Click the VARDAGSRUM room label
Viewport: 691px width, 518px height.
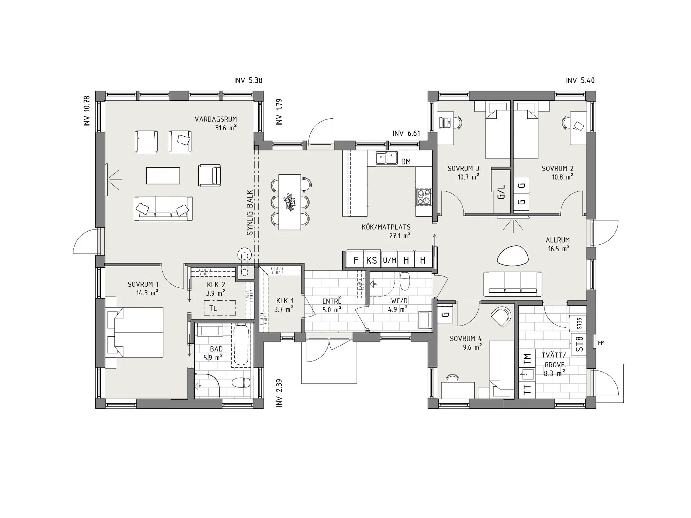[x=216, y=119]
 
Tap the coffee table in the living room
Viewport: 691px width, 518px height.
[x=163, y=176]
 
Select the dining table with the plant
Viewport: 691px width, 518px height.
[x=290, y=202]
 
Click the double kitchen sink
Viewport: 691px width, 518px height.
[x=386, y=158]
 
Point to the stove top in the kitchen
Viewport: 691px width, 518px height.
[x=423, y=197]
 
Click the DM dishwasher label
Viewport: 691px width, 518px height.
[x=406, y=162]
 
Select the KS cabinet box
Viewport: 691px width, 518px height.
[x=372, y=260]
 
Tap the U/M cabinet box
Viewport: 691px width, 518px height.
[x=389, y=260]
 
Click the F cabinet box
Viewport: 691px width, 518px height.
[x=356, y=260]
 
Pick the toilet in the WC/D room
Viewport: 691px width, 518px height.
[x=405, y=281]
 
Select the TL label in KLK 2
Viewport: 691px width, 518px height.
[x=213, y=309]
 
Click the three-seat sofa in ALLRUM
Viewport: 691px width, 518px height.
[x=513, y=284]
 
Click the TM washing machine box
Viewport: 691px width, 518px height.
[x=527, y=359]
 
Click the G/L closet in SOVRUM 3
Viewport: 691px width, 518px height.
[x=501, y=191]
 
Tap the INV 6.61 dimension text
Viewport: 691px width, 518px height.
[x=406, y=134]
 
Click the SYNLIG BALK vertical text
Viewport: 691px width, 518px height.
[x=250, y=213]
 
